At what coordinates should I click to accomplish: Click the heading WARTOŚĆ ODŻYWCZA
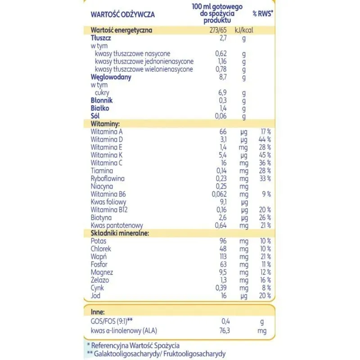click(x=123, y=14)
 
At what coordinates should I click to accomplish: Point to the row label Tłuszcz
click(x=101, y=38)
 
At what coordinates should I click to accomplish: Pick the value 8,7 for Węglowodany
click(x=222, y=77)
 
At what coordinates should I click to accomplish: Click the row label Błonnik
click(x=101, y=100)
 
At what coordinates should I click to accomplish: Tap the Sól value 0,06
click(x=220, y=116)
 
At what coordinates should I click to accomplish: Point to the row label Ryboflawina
click(x=108, y=178)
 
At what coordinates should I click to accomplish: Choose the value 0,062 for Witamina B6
click(x=219, y=194)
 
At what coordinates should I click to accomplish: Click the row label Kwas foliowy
click(x=108, y=202)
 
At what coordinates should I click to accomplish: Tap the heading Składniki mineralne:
click(x=120, y=233)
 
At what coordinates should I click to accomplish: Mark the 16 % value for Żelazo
click(x=265, y=280)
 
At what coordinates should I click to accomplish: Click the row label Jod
click(x=95, y=296)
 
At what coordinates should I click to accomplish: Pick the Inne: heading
click(x=98, y=311)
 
